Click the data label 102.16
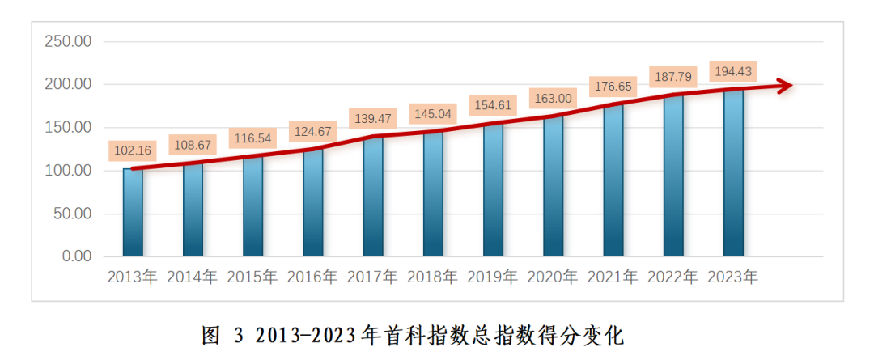point(133,151)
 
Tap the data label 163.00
point(553,98)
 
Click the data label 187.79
point(673,78)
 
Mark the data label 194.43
point(733,71)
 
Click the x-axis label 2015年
point(252,277)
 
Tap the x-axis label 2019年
point(493,277)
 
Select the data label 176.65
point(613,86)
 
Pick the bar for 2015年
point(252,206)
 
